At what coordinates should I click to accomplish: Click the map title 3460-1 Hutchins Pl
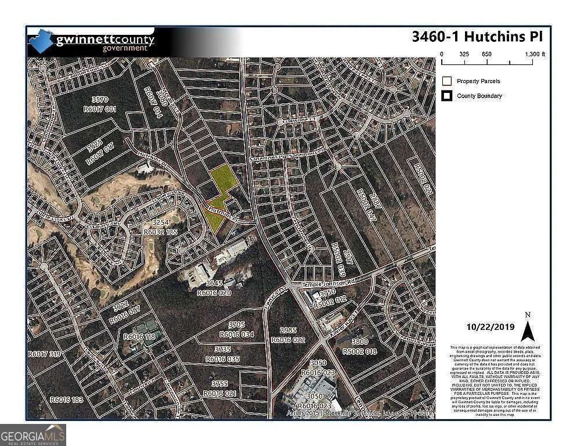[x=477, y=37]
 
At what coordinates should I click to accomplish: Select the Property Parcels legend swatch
[x=447, y=81]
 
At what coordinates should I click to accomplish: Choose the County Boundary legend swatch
[x=447, y=96]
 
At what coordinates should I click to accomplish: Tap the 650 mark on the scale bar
[x=486, y=54]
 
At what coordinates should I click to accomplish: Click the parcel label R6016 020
[x=214, y=294]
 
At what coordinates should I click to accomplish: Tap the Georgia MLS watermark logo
[x=33, y=435]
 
